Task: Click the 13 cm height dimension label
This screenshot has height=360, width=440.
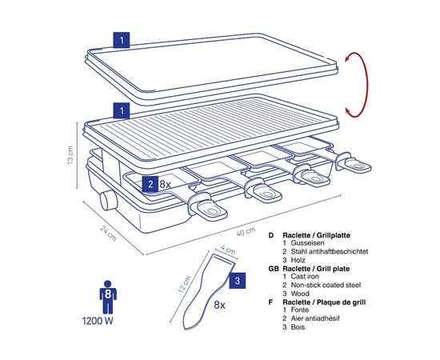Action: click(70, 155)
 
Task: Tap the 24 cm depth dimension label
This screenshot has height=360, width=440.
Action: click(108, 233)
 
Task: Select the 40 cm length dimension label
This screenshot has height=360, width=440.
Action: click(246, 231)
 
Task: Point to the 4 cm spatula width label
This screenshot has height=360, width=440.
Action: click(228, 250)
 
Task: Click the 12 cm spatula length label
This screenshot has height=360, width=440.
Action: click(184, 284)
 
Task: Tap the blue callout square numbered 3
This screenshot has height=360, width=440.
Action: click(238, 281)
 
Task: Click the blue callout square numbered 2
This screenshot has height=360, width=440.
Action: click(150, 184)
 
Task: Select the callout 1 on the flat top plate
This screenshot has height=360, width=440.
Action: click(122, 40)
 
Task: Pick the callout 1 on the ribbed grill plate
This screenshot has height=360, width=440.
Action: click(122, 110)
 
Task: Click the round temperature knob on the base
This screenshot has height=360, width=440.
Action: click(108, 200)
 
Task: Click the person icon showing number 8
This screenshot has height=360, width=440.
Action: click(108, 297)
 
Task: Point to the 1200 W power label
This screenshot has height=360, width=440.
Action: click(98, 321)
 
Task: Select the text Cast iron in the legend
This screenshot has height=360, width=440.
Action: click(305, 276)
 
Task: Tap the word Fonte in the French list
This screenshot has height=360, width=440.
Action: click(300, 310)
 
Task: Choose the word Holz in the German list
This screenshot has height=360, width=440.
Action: click(298, 260)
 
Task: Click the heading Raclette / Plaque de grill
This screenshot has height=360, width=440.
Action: click(324, 302)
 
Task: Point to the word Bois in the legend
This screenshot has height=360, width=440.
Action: click(298, 327)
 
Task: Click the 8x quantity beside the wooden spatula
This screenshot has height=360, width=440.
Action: click(219, 305)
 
